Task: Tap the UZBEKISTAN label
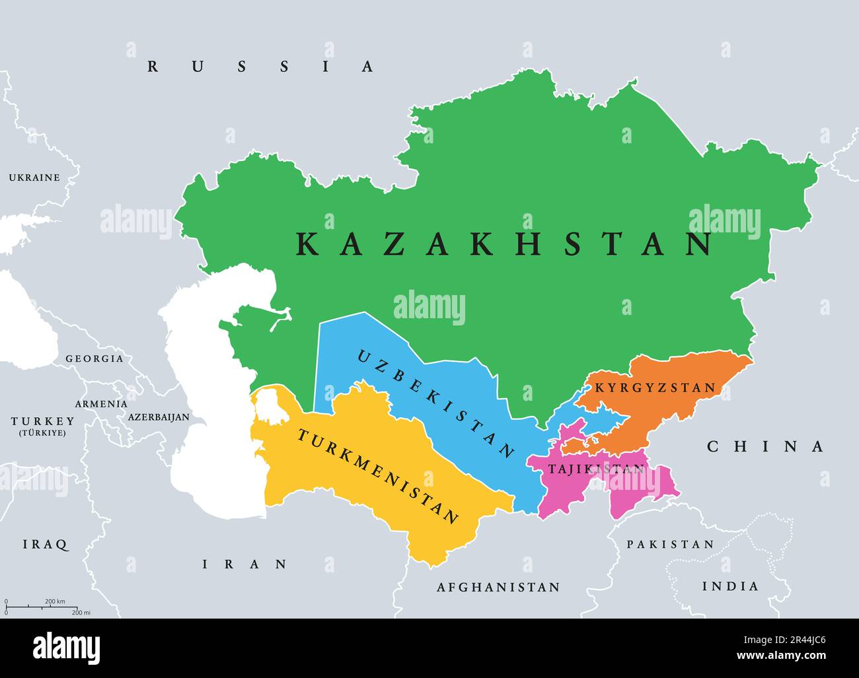pyautogui.click(x=435, y=404)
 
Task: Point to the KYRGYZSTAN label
pyautogui.click(x=655, y=388)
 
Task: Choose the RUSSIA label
pyautogui.click(x=261, y=66)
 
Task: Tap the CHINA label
pyautogui.click(x=766, y=447)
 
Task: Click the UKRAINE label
pyautogui.click(x=34, y=178)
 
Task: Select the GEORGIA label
pyautogui.click(x=94, y=358)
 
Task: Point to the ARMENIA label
pyautogui.click(x=101, y=403)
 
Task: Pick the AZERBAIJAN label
pyautogui.click(x=159, y=417)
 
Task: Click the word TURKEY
pyautogui.click(x=42, y=421)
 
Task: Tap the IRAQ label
pyautogui.click(x=46, y=545)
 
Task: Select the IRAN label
pyautogui.click(x=245, y=564)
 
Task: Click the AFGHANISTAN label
pyautogui.click(x=498, y=587)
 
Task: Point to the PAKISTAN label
pyautogui.click(x=670, y=545)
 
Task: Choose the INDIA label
pyautogui.click(x=730, y=586)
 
